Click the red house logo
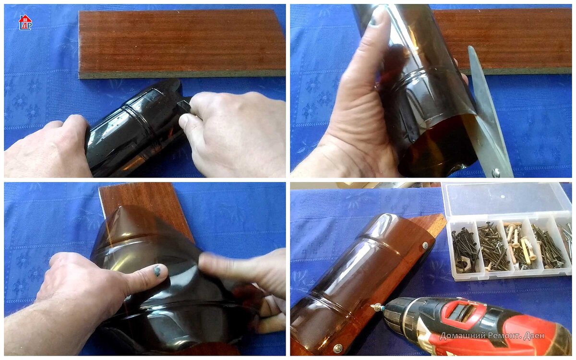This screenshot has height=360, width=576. pyautogui.click(x=25, y=22)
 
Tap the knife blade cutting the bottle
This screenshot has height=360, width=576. pyautogui.click(x=183, y=106)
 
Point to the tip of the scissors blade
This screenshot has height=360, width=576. pyautogui.click(x=469, y=47)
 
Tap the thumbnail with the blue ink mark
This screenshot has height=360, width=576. pyautogui.click(x=156, y=271)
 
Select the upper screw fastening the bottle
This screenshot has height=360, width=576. pyautogui.click(x=425, y=245)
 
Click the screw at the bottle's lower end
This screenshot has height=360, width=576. pyautogui.click(x=337, y=348)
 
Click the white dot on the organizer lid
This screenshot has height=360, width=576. pyautogui.click(x=503, y=196)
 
